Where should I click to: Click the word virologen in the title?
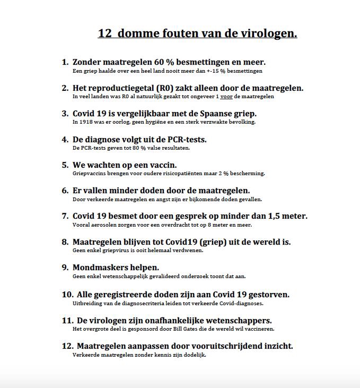coord(270,34)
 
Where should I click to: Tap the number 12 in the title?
coord(104,34)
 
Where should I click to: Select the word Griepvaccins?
coord(91,173)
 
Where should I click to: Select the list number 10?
coord(67,295)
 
